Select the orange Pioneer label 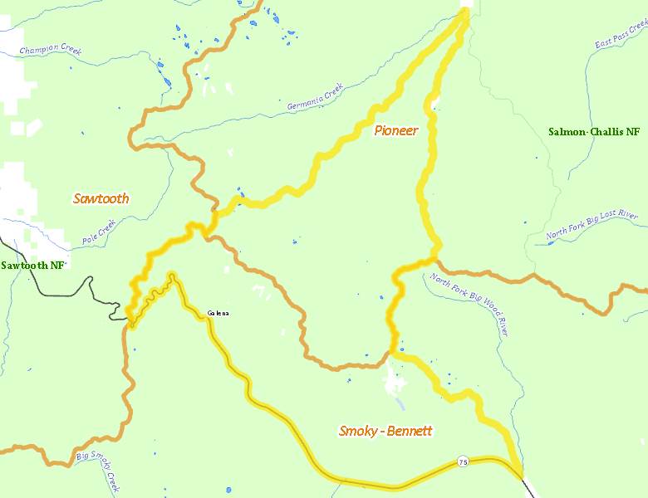(x=395, y=130)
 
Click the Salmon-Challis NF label (x=594, y=132)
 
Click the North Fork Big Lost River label (x=592, y=227)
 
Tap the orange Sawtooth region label (x=101, y=198)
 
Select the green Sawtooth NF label (x=33, y=266)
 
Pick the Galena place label (x=218, y=313)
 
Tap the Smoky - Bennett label (x=385, y=431)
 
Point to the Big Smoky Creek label (x=100, y=468)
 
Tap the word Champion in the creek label (x=39, y=48)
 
